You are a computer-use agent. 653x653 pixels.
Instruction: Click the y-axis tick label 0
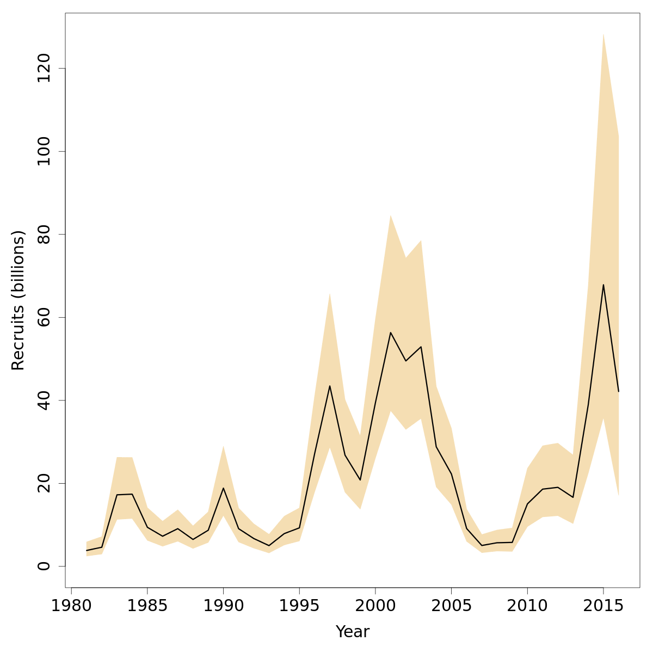pos(44,566)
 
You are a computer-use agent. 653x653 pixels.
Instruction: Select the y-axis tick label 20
pos(44,483)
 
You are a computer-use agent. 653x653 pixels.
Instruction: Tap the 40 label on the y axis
pos(44,400)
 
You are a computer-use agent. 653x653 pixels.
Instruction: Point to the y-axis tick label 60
pos(44,317)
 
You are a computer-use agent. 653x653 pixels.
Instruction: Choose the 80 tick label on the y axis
pos(44,234)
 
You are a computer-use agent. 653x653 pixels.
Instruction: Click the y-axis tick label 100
pos(44,151)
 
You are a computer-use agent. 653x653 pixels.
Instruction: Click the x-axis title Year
pos(353,632)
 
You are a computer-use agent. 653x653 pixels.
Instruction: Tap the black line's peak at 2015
pos(603,285)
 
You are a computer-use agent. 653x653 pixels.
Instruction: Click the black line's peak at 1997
pos(330,386)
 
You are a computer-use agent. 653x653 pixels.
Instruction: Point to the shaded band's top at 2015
pos(603,34)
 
